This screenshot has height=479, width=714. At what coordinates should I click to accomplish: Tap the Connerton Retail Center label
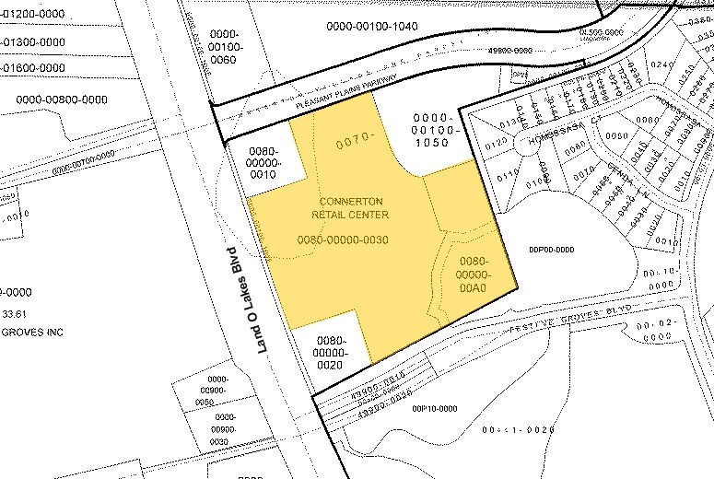tap(350, 208)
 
